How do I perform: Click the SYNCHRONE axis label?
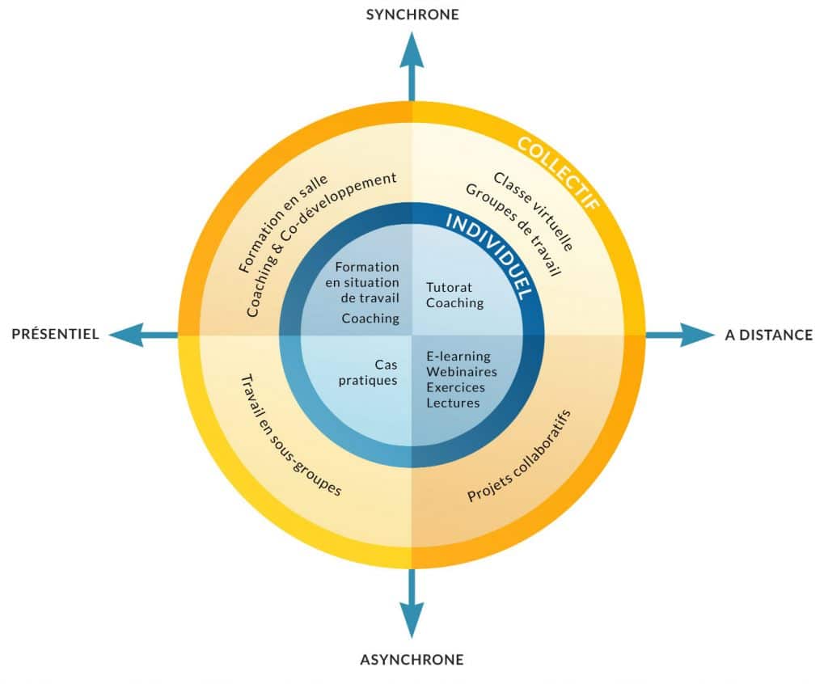tap(412, 14)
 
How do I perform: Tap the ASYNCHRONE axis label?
tap(412, 660)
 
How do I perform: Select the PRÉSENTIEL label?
tap(55, 335)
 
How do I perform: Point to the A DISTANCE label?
tap(769, 335)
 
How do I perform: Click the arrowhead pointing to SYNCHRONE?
tap(412, 43)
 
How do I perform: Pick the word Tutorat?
tap(449, 287)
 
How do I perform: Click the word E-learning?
tap(458, 357)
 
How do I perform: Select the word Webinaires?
tap(462, 372)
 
